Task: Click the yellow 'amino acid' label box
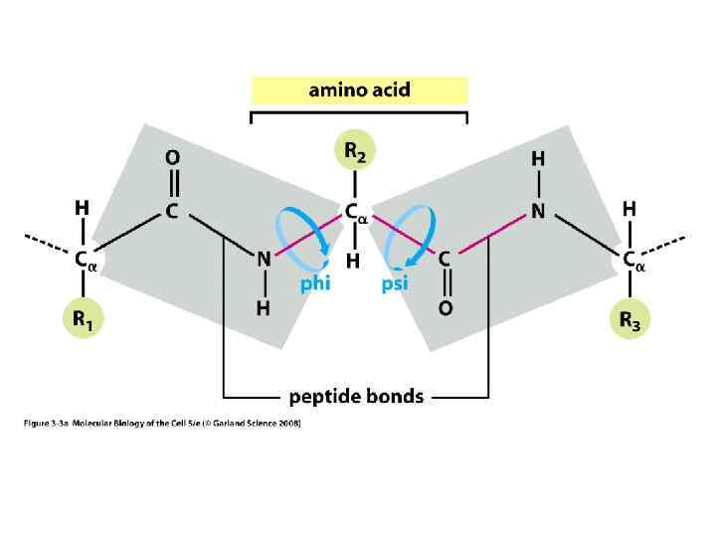[x=359, y=90]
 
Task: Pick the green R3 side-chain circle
[x=629, y=320]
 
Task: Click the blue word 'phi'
[x=314, y=284]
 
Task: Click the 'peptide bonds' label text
[x=356, y=397]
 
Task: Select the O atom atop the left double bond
[x=173, y=157]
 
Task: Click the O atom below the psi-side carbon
[x=445, y=308]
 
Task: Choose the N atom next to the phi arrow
[x=264, y=259]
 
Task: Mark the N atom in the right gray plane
[x=538, y=212]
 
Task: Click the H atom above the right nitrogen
[x=538, y=159]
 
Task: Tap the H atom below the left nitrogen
[x=264, y=308]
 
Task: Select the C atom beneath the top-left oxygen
[x=172, y=212]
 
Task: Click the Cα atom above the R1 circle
[x=84, y=261]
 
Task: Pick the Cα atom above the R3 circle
[x=632, y=261]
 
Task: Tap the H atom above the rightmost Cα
[x=628, y=209]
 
